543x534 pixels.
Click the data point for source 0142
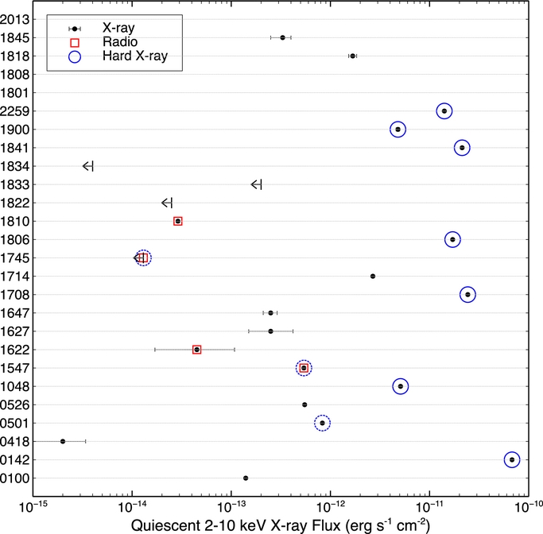(x=512, y=459)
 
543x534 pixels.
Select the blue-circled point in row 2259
(x=444, y=111)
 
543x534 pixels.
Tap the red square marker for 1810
(x=178, y=221)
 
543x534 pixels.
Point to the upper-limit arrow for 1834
(x=88, y=166)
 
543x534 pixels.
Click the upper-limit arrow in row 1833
(x=256, y=184)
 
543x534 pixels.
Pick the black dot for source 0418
(x=63, y=441)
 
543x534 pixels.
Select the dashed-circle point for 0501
(x=322, y=423)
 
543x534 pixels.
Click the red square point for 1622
(x=197, y=350)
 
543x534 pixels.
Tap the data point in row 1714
(x=373, y=276)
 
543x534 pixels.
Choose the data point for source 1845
(x=282, y=37)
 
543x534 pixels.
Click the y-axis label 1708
(x=16, y=295)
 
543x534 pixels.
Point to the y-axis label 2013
(x=16, y=19)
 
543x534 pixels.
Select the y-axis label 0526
(x=16, y=404)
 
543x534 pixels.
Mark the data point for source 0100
(x=246, y=478)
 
